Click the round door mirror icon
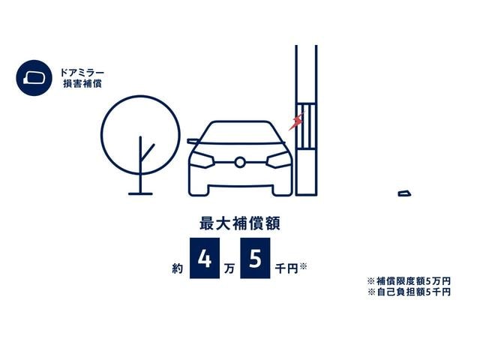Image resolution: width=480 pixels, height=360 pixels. point(34,78)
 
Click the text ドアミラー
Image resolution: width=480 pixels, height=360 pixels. point(82,73)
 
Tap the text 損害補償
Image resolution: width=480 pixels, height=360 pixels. point(82,83)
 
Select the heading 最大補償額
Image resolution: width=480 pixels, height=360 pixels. point(240,223)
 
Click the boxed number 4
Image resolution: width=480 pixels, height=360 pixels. point(205,258)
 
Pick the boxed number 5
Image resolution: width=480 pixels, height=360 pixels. point(255,258)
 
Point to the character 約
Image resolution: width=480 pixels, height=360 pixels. point(178,268)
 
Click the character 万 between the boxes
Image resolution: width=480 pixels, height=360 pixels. point(229,268)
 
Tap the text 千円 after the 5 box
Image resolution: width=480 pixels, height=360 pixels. point(286,268)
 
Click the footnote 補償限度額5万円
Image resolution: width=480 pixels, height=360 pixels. point(413,280)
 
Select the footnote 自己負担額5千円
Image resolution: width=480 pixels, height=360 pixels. point(413,292)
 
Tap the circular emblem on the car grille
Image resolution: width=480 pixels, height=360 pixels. point(240,162)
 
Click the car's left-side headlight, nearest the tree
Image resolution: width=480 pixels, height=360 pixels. point(202,160)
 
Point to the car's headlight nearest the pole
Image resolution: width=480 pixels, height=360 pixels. point(278,160)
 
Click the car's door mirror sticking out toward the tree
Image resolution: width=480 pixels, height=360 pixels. point(193,142)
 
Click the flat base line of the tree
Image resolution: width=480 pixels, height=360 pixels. point(140,193)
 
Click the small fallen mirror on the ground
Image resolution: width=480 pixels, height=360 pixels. point(404,193)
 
